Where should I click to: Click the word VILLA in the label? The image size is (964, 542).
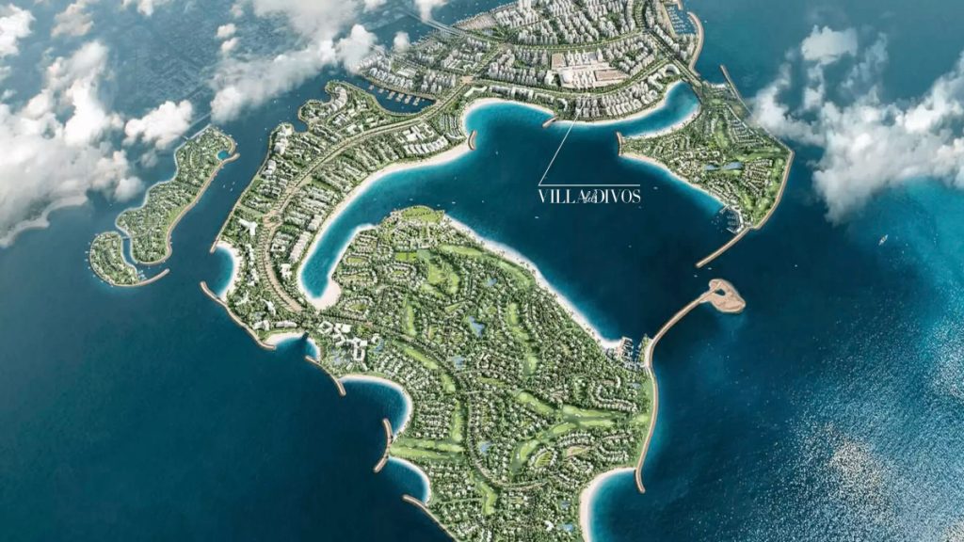point(556,197)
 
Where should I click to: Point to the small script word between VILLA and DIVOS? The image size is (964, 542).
point(587,199)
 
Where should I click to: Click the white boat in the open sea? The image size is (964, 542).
point(882,241)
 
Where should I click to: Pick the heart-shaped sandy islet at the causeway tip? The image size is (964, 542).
point(726,295)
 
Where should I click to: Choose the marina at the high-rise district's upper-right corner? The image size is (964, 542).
point(685,21)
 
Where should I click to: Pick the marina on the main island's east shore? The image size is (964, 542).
point(633,348)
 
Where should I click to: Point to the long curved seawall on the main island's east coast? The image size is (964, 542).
point(644,423)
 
